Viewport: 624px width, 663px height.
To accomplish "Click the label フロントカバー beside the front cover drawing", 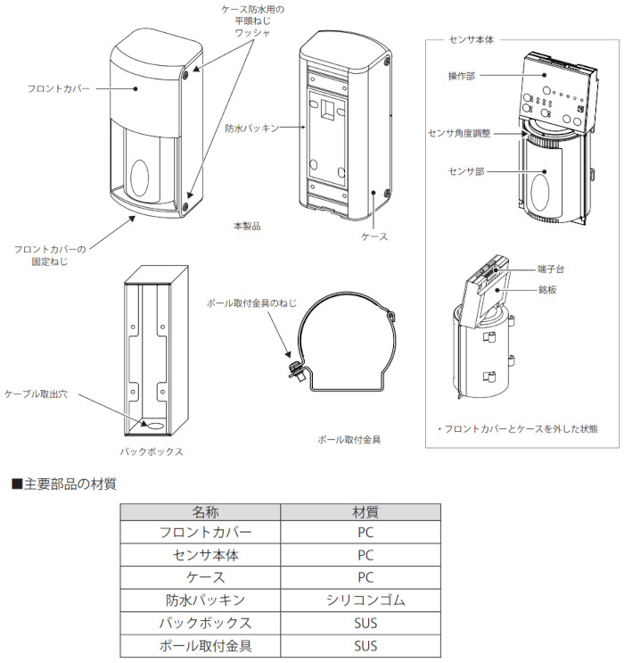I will [58, 88].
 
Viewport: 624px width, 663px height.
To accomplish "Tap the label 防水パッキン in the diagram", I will [251, 128].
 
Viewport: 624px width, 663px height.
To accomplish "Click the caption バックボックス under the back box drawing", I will [152, 452].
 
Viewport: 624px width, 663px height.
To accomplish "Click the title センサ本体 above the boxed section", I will [473, 41].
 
